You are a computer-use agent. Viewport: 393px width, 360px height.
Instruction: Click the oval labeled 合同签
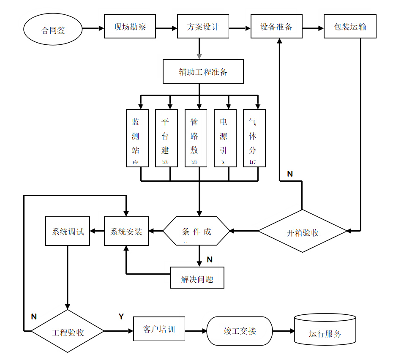tap(53, 29)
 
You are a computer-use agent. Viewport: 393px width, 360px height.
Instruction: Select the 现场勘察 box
tap(130, 26)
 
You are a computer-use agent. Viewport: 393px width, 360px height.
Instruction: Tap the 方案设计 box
tap(203, 26)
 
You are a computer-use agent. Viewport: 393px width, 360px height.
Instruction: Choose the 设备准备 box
tap(276, 26)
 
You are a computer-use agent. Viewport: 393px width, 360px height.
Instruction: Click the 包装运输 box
tap(350, 26)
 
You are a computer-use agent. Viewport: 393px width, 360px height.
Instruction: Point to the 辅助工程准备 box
tap(203, 71)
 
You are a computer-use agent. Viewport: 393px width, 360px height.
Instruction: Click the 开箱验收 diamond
tap(302, 231)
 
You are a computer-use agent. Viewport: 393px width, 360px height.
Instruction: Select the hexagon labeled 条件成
tap(196, 231)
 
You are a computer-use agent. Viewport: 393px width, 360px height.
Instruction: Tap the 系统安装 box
tap(126, 231)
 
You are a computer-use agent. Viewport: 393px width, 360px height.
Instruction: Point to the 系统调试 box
tap(68, 231)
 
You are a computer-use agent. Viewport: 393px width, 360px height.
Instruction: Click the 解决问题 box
tap(197, 278)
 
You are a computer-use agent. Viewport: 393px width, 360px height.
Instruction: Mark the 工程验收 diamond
tap(68, 331)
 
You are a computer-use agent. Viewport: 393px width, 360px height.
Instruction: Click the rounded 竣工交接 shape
tap(240, 331)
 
